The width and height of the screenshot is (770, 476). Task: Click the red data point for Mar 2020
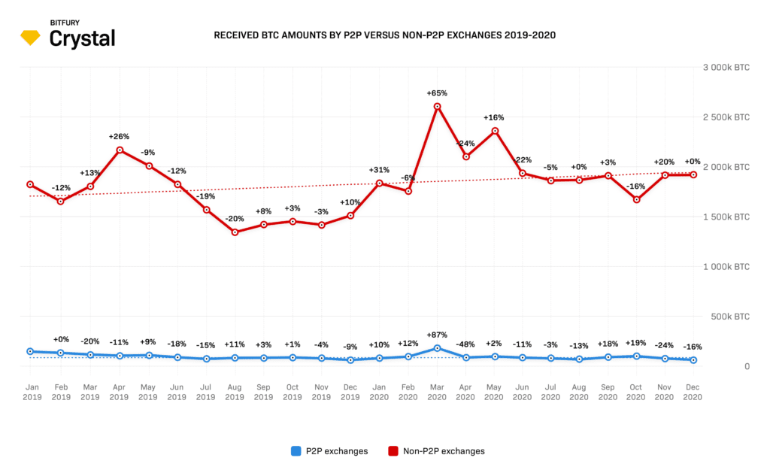click(x=437, y=106)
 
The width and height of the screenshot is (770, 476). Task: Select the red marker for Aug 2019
click(x=235, y=232)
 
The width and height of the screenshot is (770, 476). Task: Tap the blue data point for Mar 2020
click(x=437, y=348)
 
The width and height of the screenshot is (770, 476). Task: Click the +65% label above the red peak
click(x=437, y=93)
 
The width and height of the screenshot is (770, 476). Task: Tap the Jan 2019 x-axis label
click(x=32, y=392)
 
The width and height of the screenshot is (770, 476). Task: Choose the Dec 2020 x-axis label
click(x=693, y=392)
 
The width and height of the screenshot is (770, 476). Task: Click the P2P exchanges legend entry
click(x=329, y=451)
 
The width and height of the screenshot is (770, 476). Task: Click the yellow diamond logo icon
click(x=31, y=38)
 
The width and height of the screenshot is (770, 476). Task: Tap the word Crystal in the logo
click(x=82, y=39)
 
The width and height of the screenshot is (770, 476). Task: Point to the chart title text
click(x=385, y=35)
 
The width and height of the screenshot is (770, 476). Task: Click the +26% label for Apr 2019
click(x=119, y=137)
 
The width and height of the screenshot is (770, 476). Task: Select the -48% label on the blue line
click(x=465, y=344)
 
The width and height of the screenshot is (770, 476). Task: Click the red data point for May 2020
click(x=495, y=131)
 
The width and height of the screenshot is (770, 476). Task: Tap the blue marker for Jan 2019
click(x=30, y=351)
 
